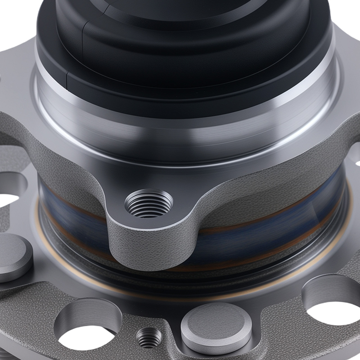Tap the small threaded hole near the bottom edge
click(x=149, y=338)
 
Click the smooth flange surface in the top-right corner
click(x=346, y=47)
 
